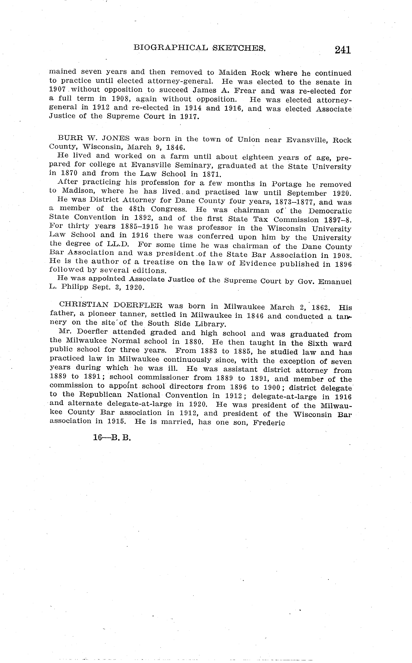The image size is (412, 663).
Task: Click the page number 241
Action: pos(343,50)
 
